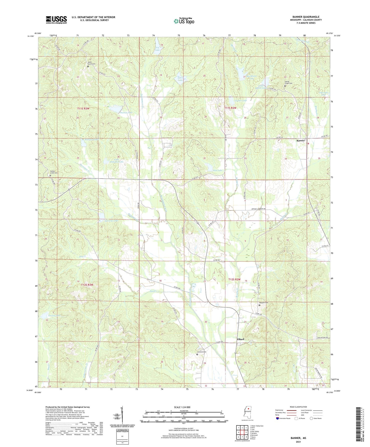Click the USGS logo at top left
point(56,20)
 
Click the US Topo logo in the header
point(184,21)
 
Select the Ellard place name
point(240,339)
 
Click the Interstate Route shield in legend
point(278,418)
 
